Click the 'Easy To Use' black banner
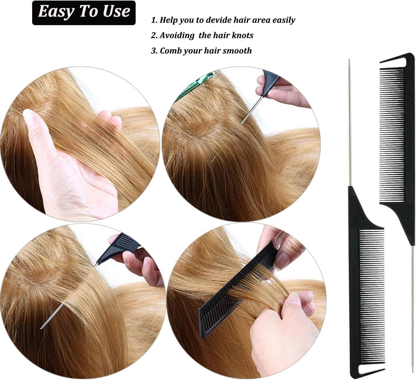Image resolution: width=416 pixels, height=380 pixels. click(x=84, y=13)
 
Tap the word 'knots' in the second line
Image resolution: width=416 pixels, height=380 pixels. click(x=242, y=35)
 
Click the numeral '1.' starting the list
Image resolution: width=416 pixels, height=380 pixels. click(x=154, y=20)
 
